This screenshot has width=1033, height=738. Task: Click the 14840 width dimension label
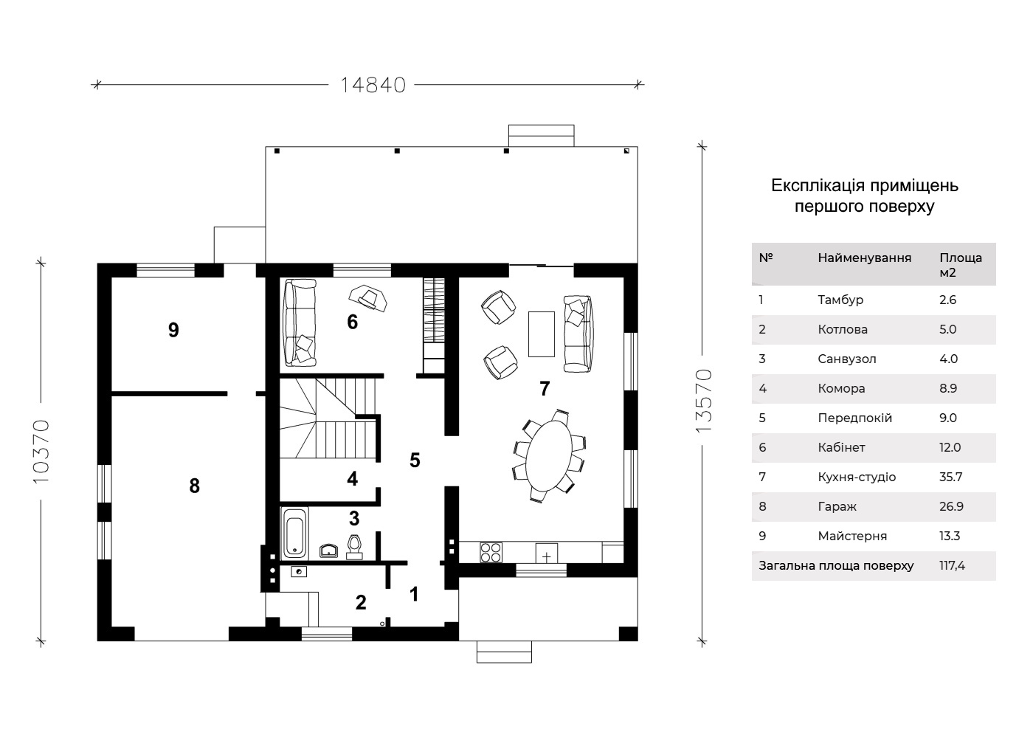tap(373, 86)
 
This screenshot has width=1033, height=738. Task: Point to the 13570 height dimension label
tap(704, 401)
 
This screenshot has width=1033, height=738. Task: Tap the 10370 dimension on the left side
tap(41, 451)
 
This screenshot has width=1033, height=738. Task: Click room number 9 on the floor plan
tap(173, 331)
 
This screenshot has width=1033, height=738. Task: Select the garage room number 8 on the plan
tap(195, 486)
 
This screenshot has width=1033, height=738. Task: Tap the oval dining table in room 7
tap(549, 455)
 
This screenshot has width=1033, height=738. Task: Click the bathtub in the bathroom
tap(294, 532)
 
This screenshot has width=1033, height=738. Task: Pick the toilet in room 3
tap(354, 547)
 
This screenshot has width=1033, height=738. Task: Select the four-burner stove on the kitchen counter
tap(491, 553)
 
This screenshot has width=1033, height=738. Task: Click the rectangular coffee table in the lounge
tap(542, 334)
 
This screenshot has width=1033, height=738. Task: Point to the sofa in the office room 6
tap(300, 323)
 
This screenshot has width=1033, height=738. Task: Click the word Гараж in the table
tap(837, 506)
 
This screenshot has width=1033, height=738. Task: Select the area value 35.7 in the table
tap(950, 477)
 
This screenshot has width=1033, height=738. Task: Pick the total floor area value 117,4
tap(952, 565)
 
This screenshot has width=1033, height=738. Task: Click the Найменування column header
tap(865, 258)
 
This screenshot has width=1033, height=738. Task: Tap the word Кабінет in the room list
tap(842, 447)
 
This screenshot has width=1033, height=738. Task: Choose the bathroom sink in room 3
tap(328, 551)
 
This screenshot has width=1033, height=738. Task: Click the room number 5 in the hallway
tap(415, 460)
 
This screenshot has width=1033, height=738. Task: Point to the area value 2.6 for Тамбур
tap(947, 300)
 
